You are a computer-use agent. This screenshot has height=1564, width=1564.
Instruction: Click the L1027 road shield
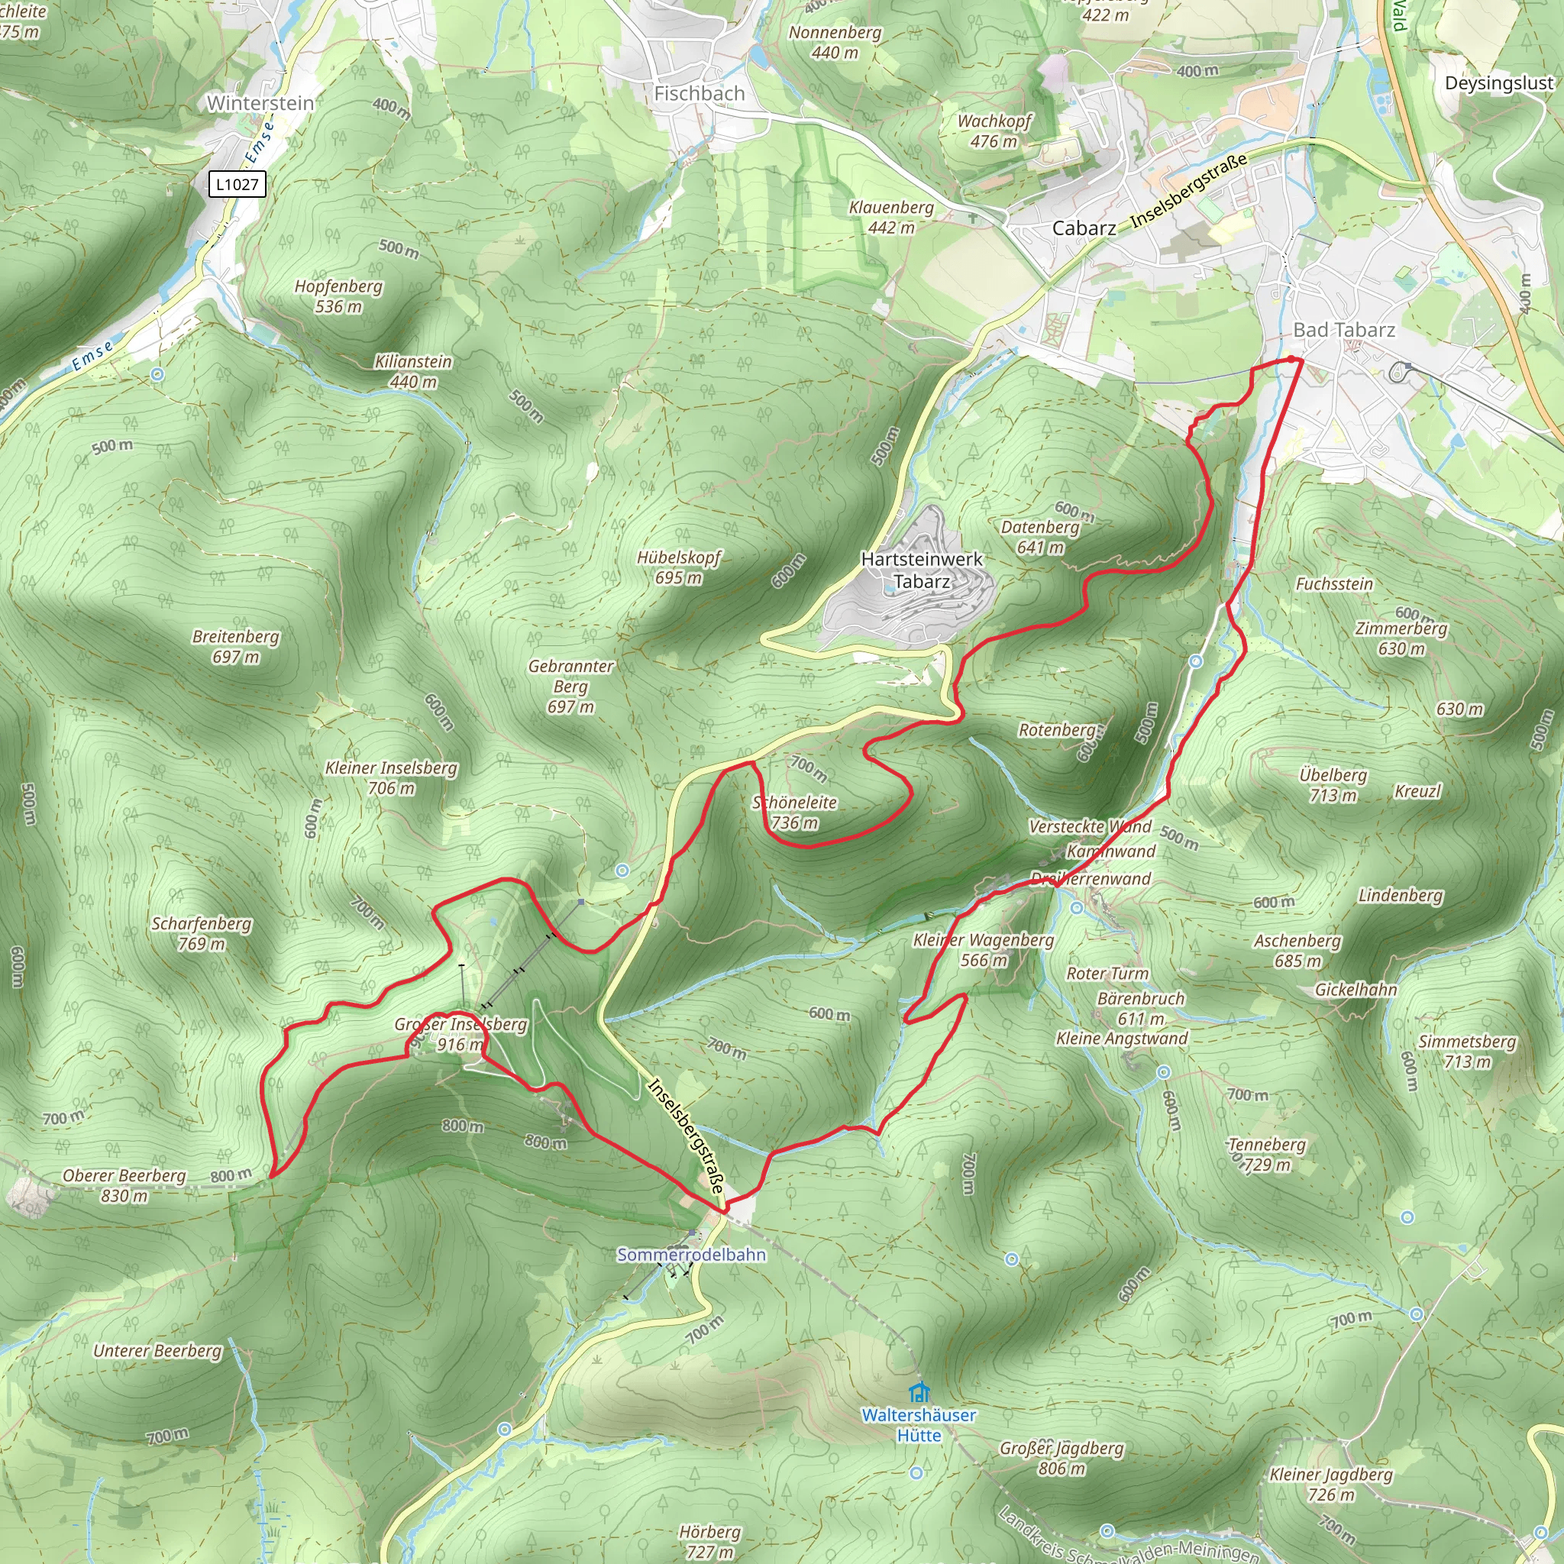coord(237,185)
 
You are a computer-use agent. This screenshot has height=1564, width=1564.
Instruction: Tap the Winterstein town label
coord(260,104)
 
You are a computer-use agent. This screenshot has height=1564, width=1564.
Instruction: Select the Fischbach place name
coord(699,94)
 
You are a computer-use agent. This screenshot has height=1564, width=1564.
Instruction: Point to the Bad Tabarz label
coord(1344,330)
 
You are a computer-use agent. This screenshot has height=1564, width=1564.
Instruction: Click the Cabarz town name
coord(1083,228)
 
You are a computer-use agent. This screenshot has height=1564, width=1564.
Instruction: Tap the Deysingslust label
coord(1498,83)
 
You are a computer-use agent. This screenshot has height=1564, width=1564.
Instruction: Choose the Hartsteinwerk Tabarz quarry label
coord(921,570)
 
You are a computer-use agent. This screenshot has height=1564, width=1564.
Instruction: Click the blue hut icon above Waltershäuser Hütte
coord(918,1392)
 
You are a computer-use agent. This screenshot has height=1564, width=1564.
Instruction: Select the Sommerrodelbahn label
coord(690,1254)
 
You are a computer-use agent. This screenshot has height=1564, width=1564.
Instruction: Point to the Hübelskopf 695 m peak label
coord(678,567)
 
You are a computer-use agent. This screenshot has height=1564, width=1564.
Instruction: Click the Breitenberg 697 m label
coord(235,647)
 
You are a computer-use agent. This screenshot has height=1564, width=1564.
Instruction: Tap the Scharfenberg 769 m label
coord(202,933)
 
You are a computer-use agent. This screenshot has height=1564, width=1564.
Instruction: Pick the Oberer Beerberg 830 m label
coord(124,1185)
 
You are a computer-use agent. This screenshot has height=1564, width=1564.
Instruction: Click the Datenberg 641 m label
coord(1040,537)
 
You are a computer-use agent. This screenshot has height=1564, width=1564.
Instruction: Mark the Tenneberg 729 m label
coord(1267,1155)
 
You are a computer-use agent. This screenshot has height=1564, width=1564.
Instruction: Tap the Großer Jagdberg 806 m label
coord(1062,1458)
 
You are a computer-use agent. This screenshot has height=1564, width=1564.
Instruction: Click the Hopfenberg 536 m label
coord(338,296)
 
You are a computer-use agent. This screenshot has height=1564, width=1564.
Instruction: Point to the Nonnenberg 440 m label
coord(835,43)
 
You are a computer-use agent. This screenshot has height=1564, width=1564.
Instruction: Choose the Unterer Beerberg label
coord(157,1350)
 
